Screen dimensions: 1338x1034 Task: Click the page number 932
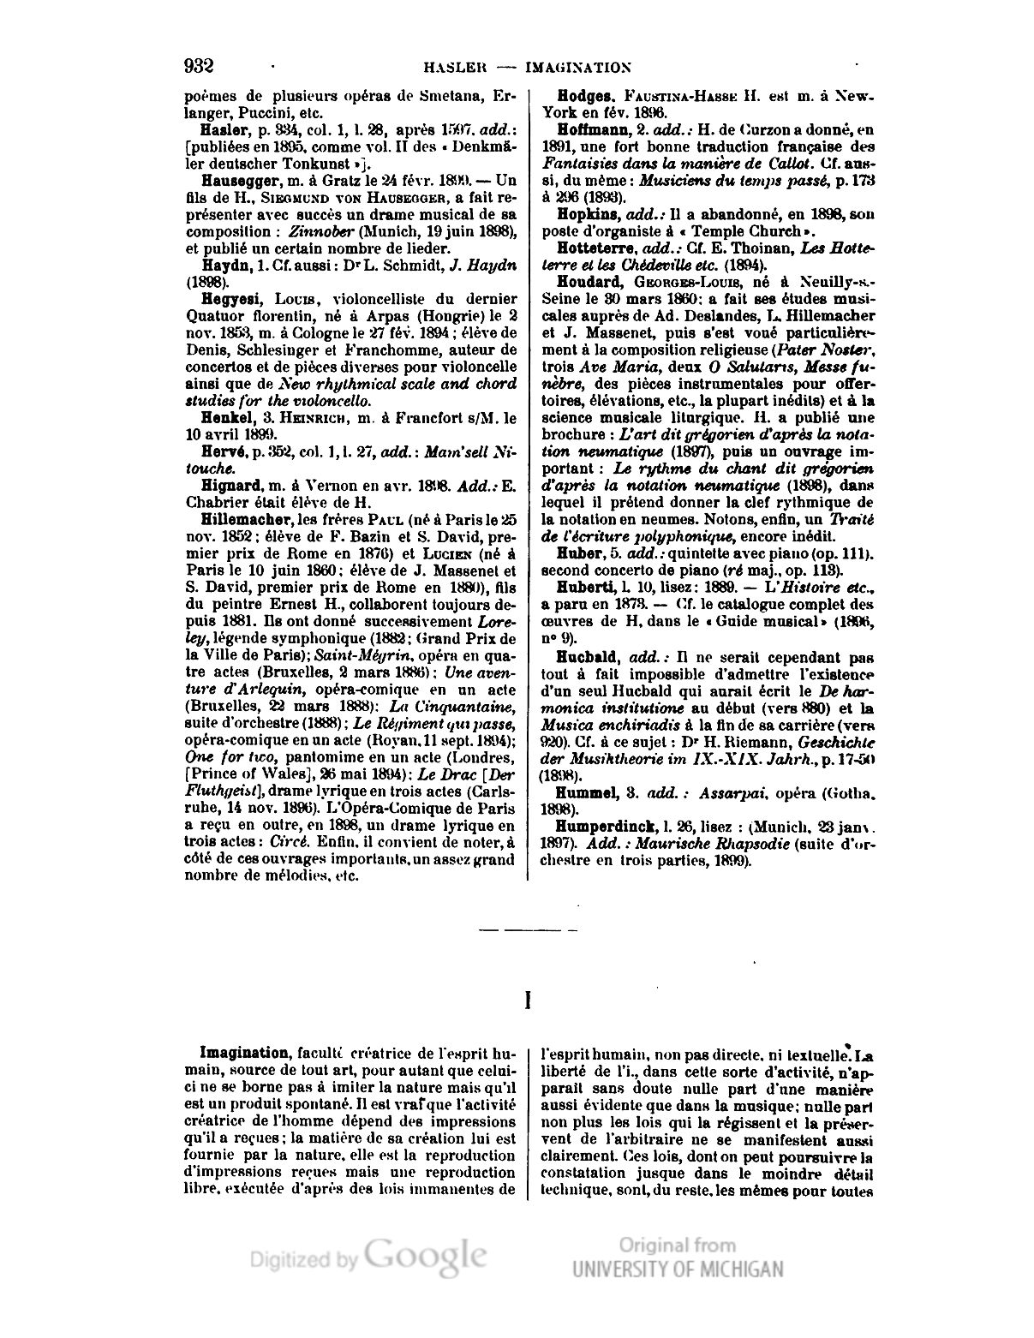pos(198,66)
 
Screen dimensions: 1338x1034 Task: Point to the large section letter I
pos(528,1000)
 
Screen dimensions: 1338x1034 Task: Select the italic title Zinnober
pos(318,232)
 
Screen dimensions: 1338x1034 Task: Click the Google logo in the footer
pos(426,1255)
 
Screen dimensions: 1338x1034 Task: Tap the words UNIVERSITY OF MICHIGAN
pos(678,1269)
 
